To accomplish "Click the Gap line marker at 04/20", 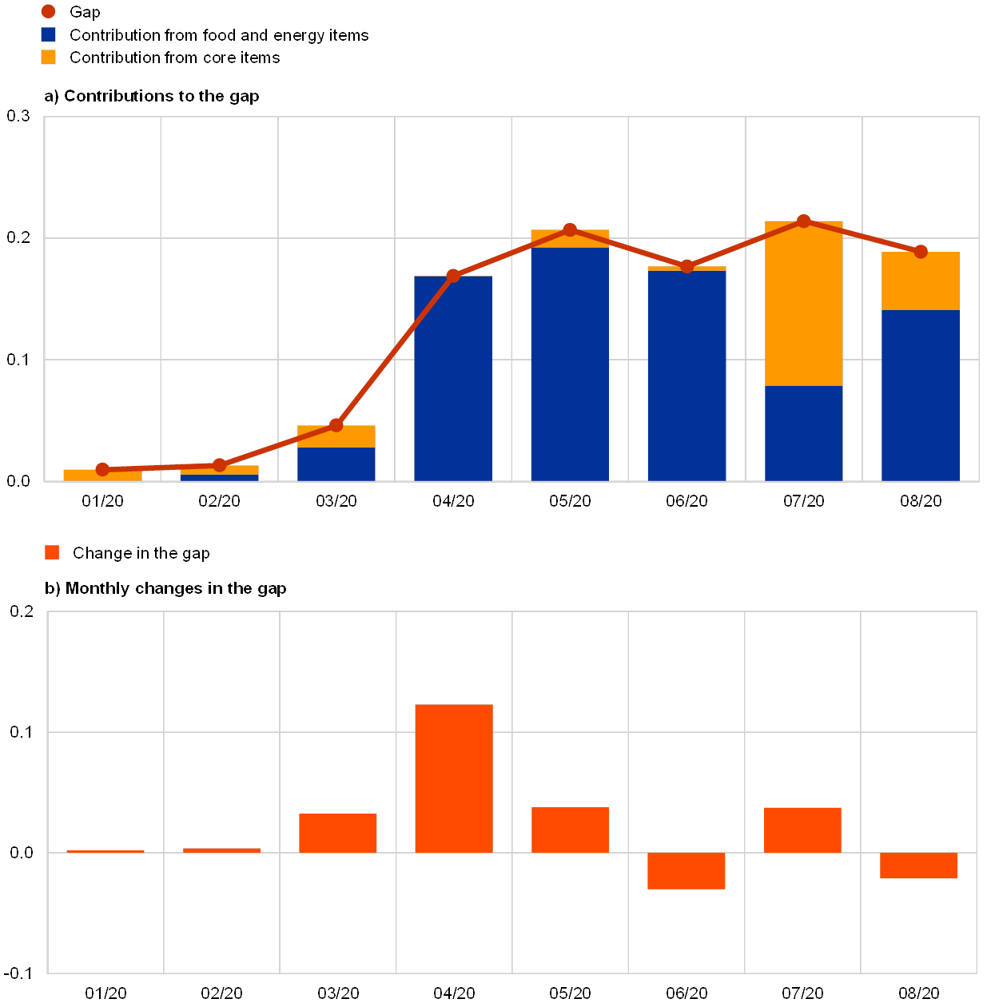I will pos(453,276).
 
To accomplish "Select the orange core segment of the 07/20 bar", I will pos(803,304).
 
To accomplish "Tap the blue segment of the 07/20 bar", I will pos(803,433).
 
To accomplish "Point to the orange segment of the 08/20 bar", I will pos(920,281).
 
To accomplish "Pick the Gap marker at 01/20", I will pos(102,469).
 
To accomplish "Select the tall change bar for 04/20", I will pos(454,778).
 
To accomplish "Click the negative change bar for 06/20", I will pos(687,871).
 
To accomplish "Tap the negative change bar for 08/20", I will pos(918,866).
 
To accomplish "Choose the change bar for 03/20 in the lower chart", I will pos(338,833).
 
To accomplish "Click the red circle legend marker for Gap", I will pos(49,11).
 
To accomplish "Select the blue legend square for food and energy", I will pos(49,34).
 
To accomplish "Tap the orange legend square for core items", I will pos(49,58).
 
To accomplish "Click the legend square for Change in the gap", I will pos(52,552).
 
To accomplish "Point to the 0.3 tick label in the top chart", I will pos(18,117).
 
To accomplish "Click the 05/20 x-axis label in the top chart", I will pos(570,501).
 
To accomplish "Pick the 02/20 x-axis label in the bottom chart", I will pos(222,993).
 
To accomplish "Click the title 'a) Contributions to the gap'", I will pos(152,96).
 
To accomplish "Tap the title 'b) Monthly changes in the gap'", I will pos(166,589).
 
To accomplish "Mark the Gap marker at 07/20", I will pos(804,221).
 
